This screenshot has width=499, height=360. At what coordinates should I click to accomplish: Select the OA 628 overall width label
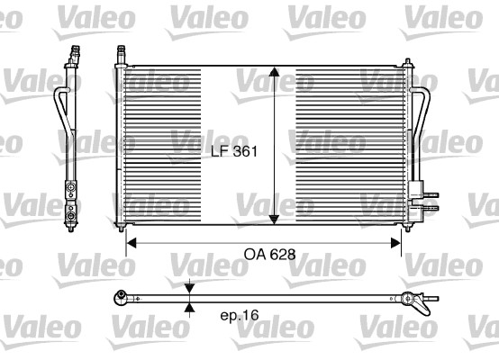[269, 255]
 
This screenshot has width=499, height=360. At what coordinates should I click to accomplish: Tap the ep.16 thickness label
[239, 316]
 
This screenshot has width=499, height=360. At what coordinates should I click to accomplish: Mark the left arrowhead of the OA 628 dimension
[130, 241]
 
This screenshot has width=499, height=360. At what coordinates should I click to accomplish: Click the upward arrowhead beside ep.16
[189, 307]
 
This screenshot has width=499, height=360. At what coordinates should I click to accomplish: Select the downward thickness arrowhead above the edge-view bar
[189, 288]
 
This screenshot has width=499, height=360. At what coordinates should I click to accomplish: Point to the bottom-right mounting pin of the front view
[403, 230]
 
